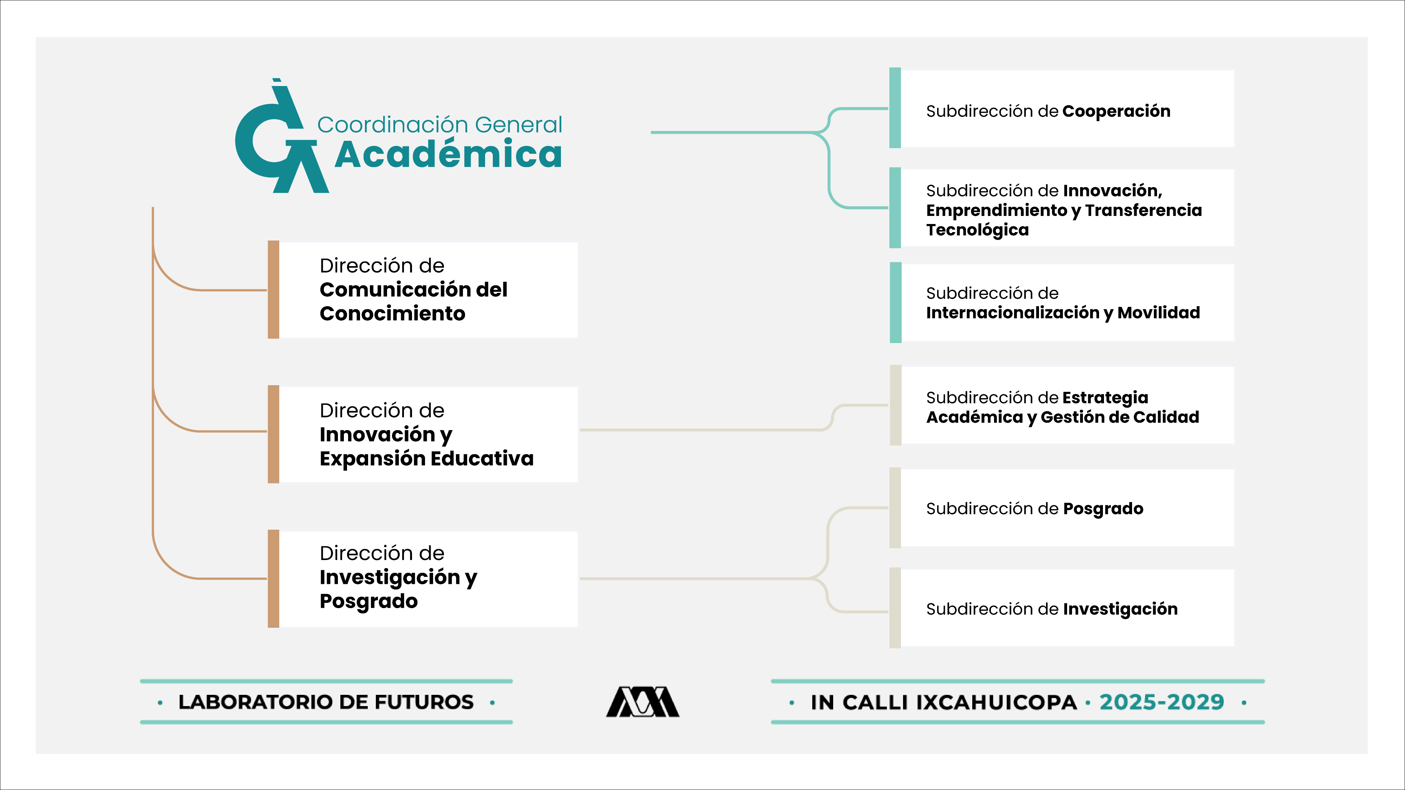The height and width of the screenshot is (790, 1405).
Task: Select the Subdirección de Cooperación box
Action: pos(1066,109)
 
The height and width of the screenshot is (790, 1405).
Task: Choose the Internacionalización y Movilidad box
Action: pos(1066,303)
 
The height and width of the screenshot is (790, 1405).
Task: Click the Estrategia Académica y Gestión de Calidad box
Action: pos(1066,406)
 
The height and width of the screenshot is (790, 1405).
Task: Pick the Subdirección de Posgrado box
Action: pos(1066,508)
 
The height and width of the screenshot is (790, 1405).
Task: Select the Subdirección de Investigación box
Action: pos(1066,608)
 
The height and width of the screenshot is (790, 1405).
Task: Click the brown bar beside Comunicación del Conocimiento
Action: pos(273,290)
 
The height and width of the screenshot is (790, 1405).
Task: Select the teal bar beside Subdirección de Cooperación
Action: pos(895,108)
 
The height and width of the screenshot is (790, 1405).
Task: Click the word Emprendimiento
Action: pos(996,210)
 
